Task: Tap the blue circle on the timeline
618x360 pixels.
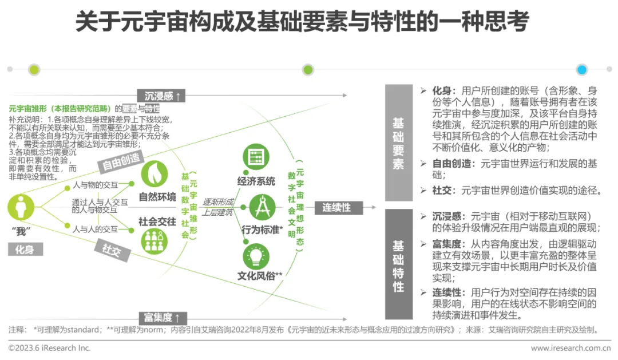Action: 582,70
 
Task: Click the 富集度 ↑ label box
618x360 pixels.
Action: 163,317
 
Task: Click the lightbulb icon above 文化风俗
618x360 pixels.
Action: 256,255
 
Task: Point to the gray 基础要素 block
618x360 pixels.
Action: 398,143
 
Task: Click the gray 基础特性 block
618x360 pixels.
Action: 398,264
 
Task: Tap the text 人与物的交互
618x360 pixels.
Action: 95,185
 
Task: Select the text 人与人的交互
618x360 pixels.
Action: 95,229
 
